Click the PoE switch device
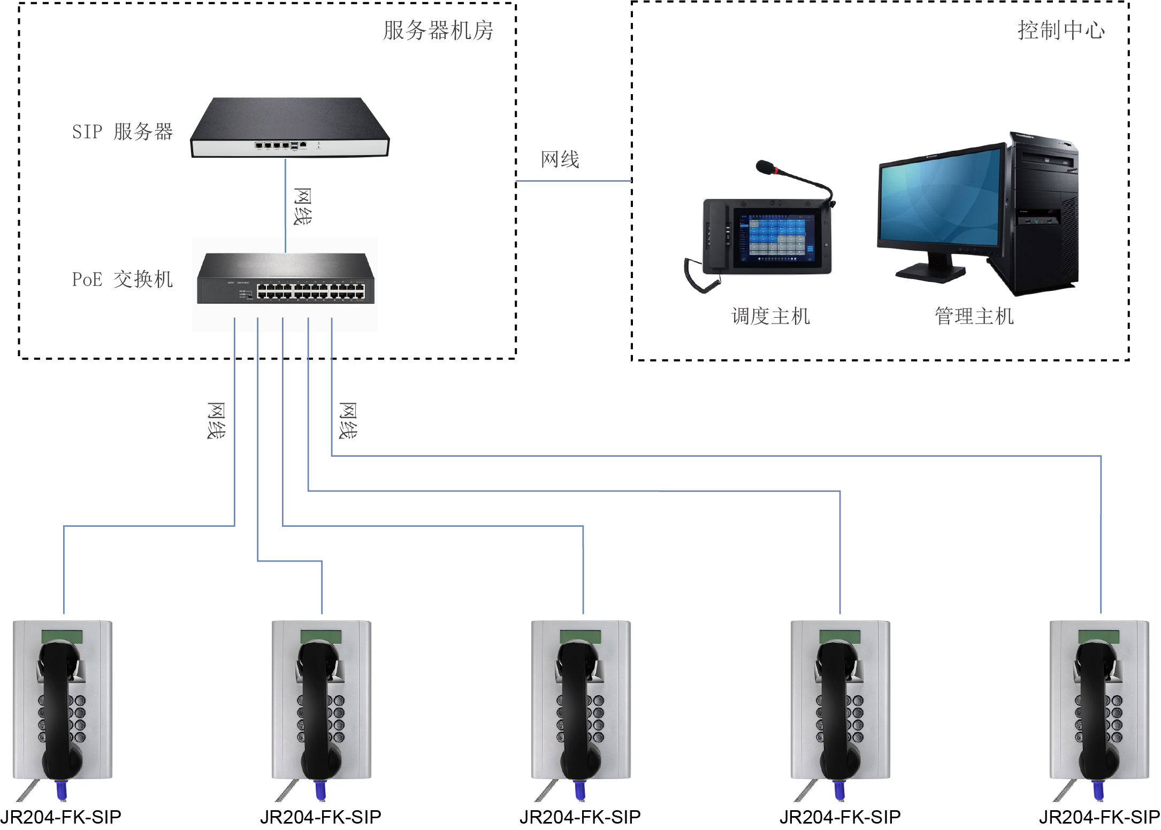coord(285,279)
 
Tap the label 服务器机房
coord(438,30)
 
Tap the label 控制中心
coord(1060,30)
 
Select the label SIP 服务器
coord(123,132)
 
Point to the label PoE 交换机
coord(123,279)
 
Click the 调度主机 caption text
coord(770,316)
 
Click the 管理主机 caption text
coord(974,316)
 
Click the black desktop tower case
coord(1043,214)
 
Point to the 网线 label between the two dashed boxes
coord(560,159)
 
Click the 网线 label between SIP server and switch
coord(303,206)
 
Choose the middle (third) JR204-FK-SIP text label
coord(580,817)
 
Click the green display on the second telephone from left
coord(321,636)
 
